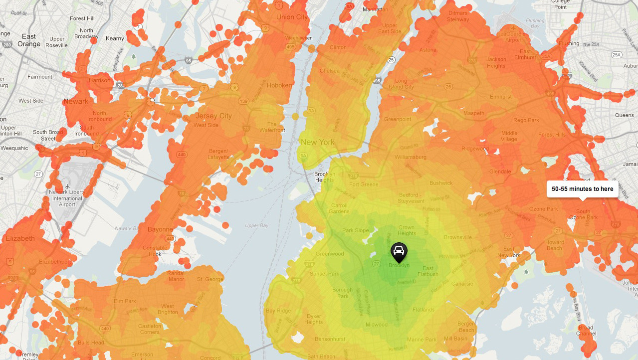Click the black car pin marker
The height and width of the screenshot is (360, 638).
399,252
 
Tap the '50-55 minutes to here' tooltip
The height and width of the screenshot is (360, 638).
582,189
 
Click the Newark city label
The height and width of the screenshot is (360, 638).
76,101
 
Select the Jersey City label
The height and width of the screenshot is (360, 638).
213,116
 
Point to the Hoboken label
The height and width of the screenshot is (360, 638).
279,85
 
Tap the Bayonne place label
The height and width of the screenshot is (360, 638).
160,230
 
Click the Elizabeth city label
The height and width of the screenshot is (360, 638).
20,238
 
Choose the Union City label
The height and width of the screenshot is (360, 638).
292,17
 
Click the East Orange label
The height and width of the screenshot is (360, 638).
29,40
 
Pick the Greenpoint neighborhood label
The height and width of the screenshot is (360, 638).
398,119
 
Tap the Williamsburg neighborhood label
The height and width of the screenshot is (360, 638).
411,157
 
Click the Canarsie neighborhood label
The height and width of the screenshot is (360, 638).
462,284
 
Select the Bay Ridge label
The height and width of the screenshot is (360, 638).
278,311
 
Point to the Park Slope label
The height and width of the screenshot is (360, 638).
356,230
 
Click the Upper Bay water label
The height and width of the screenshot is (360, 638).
257,225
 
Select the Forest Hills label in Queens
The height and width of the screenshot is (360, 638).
552,135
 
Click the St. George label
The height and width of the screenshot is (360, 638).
210,279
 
